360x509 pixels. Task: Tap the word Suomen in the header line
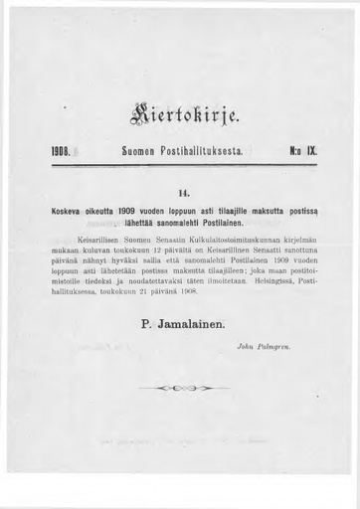[x=137, y=155]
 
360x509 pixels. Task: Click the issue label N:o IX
[x=301, y=155]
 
